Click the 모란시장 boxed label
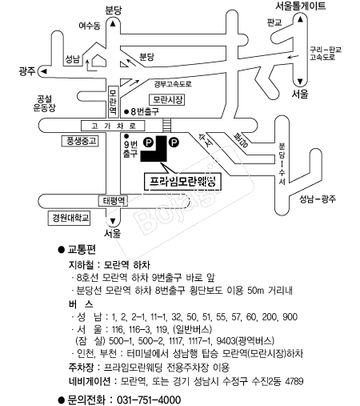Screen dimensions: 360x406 click(x=166, y=100)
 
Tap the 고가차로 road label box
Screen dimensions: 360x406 click(x=113, y=126)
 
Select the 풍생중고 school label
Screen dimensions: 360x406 click(x=80, y=141)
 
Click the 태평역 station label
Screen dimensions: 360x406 click(x=113, y=201)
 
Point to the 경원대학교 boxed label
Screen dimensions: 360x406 click(x=69, y=218)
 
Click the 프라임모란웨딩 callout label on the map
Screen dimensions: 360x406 click(x=182, y=182)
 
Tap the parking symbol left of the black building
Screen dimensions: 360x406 click(x=148, y=143)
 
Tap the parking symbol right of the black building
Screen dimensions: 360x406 click(x=174, y=143)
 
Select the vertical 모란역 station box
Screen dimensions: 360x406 click(x=113, y=102)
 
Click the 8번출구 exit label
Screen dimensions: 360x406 click(x=142, y=111)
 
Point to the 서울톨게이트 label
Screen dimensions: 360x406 click(x=301, y=6)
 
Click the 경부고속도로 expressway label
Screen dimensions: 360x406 click(x=173, y=84)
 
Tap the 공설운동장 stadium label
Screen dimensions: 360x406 click(x=44, y=103)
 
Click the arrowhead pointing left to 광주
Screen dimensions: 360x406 click(x=43, y=71)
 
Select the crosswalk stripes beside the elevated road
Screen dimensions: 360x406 click(x=166, y=125)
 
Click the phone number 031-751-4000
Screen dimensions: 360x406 click(x=149, y=400)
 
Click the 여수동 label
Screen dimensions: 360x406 click(x=90, y=26)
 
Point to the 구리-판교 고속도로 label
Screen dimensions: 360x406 click(x=325, y=54)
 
